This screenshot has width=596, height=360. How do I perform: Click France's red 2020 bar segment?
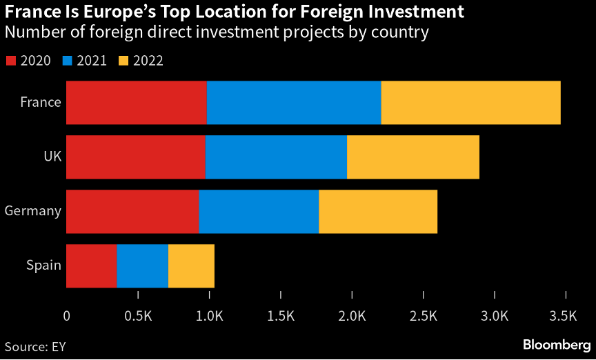click(136, 102)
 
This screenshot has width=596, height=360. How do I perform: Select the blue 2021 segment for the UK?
click(276, 157)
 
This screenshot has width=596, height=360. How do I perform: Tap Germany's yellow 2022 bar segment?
click(378, 211)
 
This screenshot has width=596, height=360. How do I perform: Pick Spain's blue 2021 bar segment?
click(142, 266)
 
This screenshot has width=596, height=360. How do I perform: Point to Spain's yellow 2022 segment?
click(191, 266)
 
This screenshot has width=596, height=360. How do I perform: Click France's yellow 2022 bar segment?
click(470, 102)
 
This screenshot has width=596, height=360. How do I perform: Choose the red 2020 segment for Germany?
click(132, 211)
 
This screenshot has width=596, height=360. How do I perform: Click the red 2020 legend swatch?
click(11, 61)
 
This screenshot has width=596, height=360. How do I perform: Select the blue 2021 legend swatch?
click(68, 61)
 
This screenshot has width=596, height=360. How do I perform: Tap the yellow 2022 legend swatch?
click(124, 61)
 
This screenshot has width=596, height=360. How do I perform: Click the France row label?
click(41, 102)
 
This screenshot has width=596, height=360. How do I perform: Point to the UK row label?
click(52, 157)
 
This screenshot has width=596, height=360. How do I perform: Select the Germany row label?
click(33, 211)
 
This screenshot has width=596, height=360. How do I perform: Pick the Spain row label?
click(43, 266)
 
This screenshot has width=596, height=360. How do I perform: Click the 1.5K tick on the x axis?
click(281, 316)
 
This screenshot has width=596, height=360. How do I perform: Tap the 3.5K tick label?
click(564, 316)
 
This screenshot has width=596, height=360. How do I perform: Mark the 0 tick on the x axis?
click(66, 316)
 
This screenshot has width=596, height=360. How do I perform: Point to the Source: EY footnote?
click(34, 345)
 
